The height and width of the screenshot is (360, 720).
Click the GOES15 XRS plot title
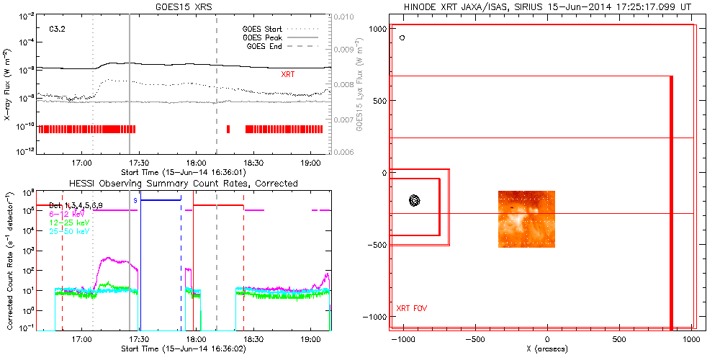[184, 6]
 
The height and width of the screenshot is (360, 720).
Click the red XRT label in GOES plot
[287, 74]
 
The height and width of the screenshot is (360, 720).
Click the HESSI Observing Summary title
[183, 184]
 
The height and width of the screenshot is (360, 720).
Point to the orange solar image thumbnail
[527, 219]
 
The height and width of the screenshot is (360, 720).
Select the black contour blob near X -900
[414, 201]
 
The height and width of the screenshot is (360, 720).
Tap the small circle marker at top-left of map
[402, 37]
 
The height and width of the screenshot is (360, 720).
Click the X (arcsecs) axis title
[548, 348]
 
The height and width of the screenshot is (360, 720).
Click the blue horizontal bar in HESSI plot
[161, 199]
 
